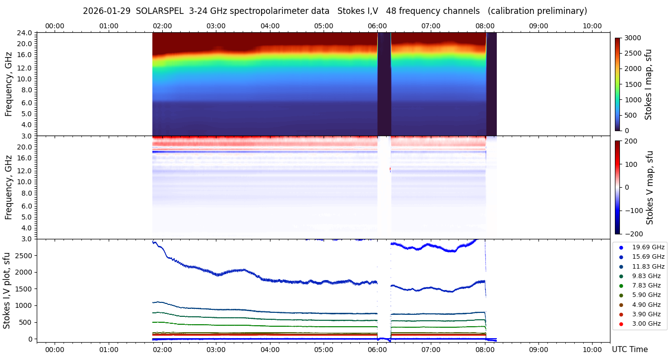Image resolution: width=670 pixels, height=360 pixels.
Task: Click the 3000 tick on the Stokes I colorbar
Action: (x=633, y=38)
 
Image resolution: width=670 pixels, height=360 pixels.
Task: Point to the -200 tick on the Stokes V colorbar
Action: (x=633, y=234)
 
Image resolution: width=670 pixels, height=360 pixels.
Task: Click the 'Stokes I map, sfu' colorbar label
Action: (x=648, y=84)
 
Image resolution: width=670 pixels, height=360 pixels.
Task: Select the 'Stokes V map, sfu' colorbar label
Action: (x=649, y=187)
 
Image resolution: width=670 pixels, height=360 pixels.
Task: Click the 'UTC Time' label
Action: (x=629, y=350)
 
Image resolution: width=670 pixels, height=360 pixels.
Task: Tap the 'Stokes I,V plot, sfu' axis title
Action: (x=7, y=290)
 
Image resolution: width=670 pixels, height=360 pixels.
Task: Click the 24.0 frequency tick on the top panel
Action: (x=25, y=33)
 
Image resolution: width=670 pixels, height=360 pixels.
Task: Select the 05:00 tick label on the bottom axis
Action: (x=324, y=350)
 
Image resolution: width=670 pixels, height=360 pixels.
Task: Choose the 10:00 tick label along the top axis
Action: (x=592, y=26)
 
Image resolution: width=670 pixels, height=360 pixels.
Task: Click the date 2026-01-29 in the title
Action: (x=105, y=11)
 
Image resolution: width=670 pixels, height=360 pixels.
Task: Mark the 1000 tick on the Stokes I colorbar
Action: (x=633, y=100)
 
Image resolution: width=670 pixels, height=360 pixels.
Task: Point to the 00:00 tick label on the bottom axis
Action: (x=55, y=350)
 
